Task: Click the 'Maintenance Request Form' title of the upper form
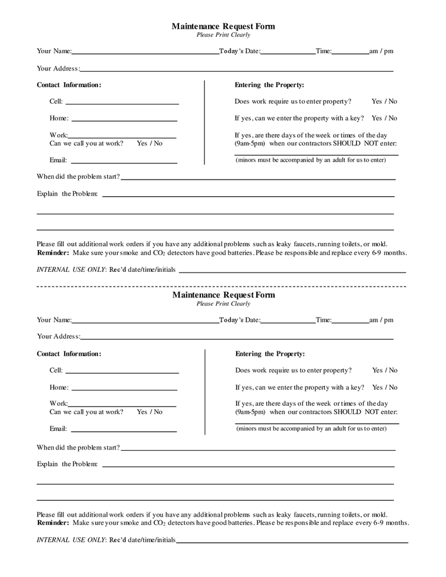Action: pyautogui.click(x=223, y=26)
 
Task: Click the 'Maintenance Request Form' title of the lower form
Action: pyautogui.click(x=223, y=295)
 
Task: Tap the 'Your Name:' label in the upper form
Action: pyautogui.click(x=54, y=51)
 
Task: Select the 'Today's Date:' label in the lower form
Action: pyautogui.click(x=239, y=319)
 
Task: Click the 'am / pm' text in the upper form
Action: pyautogui.click(x=382, y=51)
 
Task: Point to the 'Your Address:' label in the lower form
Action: pyautogui.click(x=58, y=336)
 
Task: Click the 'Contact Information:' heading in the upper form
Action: pyautogui.click(x=69, y=85)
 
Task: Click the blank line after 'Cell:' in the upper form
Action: pyautogui.click(x=122, y=103)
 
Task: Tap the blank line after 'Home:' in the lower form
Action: pyautogui.click(x=124, y=389)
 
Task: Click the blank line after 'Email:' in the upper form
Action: pyautogui.click(x=124, y=162)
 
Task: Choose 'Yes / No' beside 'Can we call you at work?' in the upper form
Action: pyautogui.click(x=150, y=143)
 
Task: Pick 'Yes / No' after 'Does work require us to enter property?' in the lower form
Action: pyautogui.click(x=384, y=370)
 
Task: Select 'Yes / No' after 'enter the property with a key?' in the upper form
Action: pyautogui.click(x=384, y=118)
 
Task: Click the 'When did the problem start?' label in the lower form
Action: pyautogui.click(x=78, y=447)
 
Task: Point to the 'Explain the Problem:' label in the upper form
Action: pyautogui.click(x=67, y=194)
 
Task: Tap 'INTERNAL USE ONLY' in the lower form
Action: pyautogui.click(x=71, y=540)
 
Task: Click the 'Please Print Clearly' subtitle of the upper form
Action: pyautogui.click(x=223, y=35)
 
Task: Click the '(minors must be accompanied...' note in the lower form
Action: pyautogui.click(x=311, y=428)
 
